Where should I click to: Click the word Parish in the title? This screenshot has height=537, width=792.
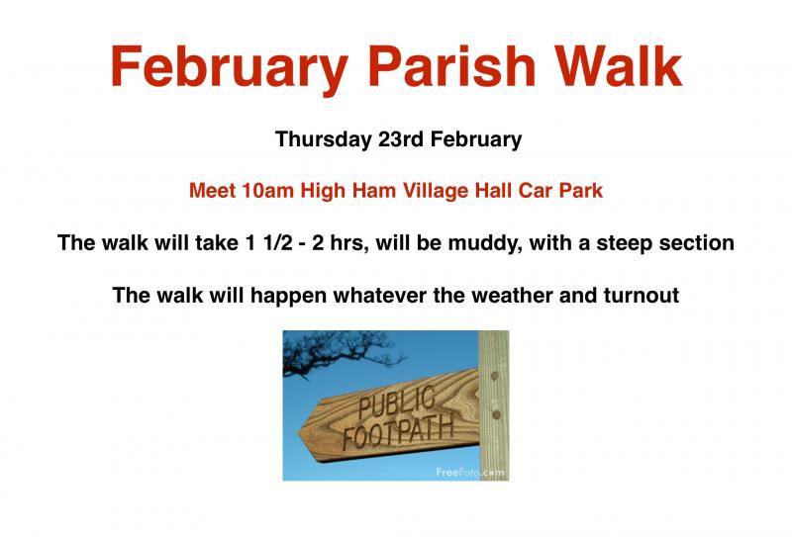pyautogui.click(x=452, y=66)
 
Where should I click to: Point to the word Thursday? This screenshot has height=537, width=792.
pyautogui.click(x=324, y=139)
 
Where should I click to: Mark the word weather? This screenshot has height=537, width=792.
pyautogui.click(x=512, y=296)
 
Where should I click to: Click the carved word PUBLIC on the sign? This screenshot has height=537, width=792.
pyautogui.click(x=397, y=403)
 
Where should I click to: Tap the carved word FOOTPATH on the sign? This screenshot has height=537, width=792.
pyautogui.click(x=398, y=433)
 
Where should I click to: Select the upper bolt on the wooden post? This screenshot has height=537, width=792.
pyautogui.click(x=494, y=376)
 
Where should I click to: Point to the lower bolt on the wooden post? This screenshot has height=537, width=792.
pyautogui.click(x=496, y=414)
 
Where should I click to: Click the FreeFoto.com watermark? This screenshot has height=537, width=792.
pyautogui.click(x=469, y=473)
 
